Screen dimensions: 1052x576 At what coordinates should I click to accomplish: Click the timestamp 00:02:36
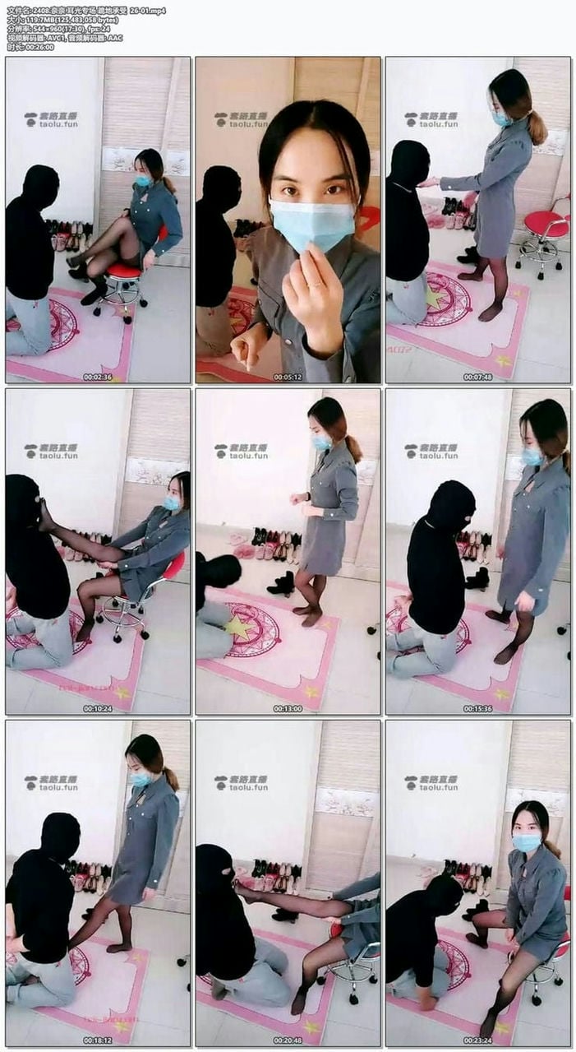tap(97, 377)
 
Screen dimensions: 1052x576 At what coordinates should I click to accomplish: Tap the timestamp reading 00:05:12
tap(288, 377)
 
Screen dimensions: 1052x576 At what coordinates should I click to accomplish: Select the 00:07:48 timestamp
tap(477, 377)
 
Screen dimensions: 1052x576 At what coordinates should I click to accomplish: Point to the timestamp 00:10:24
tap(97, 708)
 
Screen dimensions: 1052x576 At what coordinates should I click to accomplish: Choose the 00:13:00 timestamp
tap(288, 708)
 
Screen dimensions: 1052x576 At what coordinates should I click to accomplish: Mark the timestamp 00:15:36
tap(477, 708)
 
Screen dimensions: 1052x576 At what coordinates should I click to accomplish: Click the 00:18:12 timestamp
tap(97, 1040)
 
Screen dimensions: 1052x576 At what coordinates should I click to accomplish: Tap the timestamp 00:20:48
tap(288, 1040)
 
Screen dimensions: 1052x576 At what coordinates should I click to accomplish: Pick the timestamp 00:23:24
tap(477, 1040)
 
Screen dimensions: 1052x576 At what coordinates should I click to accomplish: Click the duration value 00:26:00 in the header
tap(39, 47)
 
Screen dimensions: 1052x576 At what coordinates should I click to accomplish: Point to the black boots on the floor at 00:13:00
tap(282, 584)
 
